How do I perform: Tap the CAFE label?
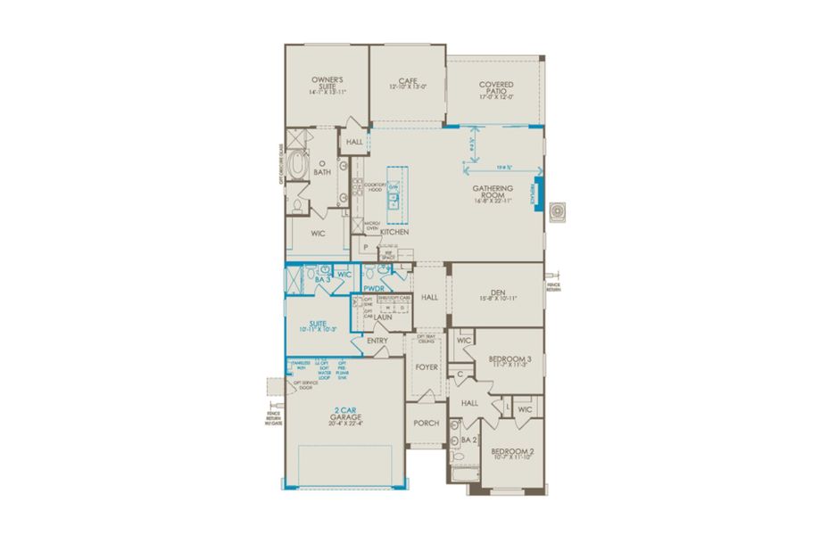click(x=408, y=81)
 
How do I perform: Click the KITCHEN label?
click(x=394, y=232)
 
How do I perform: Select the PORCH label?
click(x=427, y=423)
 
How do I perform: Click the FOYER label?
click(x=426, y=366)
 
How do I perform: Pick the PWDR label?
click(x=373, y=289)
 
